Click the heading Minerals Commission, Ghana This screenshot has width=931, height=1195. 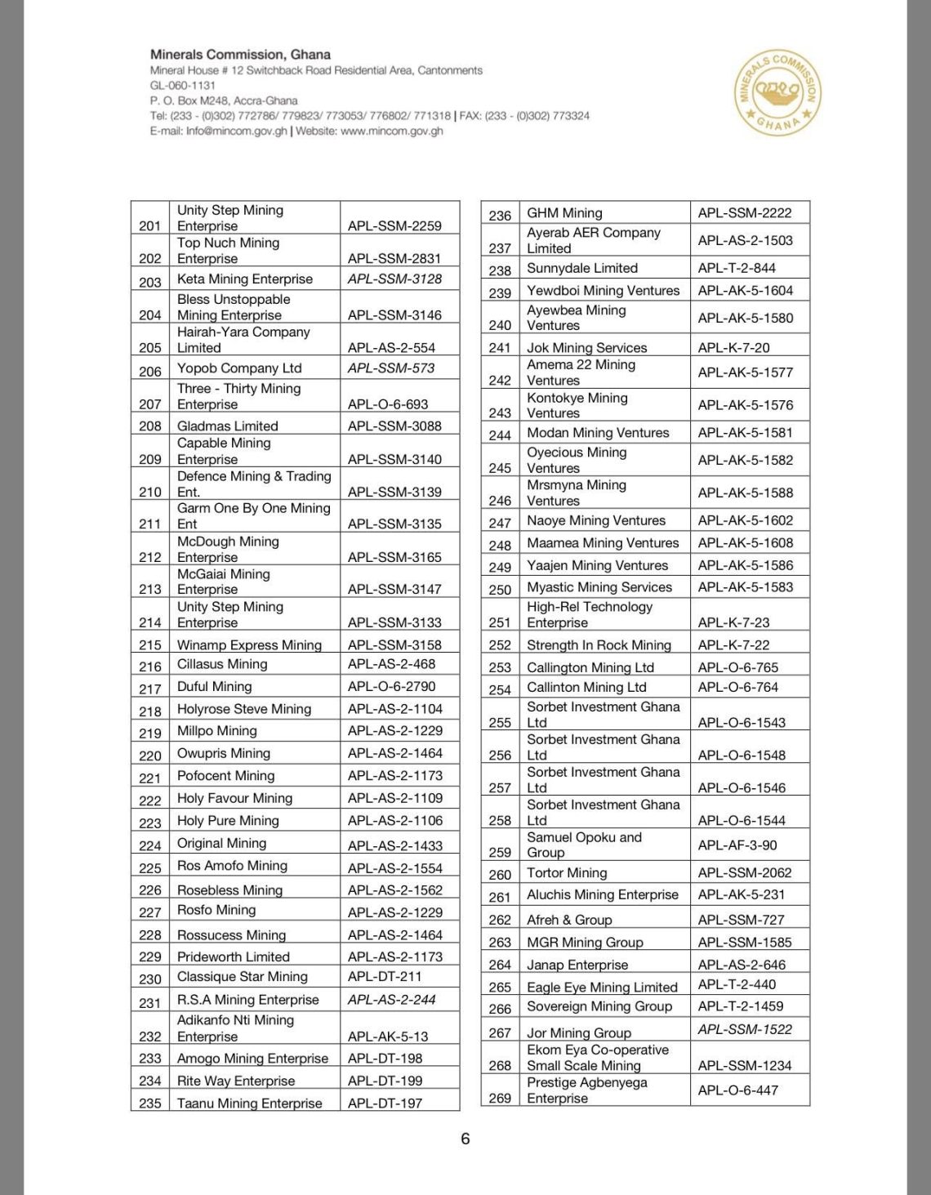point(240,55)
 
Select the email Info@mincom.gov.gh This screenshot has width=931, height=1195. point(236,131)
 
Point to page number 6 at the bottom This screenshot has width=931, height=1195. point(465,1139)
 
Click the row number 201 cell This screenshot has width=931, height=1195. point(150,225)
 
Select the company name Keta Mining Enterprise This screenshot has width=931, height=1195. point(245,279)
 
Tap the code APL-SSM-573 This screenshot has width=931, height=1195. point(391,368)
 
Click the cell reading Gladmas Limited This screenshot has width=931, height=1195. point(228,426)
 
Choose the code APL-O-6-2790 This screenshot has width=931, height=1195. point(392,686)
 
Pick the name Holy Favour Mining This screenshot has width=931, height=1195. point(234,798)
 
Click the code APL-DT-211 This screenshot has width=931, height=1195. point(385,976)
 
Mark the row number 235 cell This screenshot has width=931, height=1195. point(150,1103)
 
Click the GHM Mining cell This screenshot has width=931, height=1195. point(564,213)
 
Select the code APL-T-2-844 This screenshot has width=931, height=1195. point(737,268)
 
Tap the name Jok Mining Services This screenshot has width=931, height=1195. point(586,347)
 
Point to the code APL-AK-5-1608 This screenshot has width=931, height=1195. point(745,542)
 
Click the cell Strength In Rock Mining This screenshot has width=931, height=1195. point(599,644)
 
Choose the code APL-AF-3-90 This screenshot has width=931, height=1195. point(737,845)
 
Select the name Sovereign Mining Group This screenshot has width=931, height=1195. point(599,1006)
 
